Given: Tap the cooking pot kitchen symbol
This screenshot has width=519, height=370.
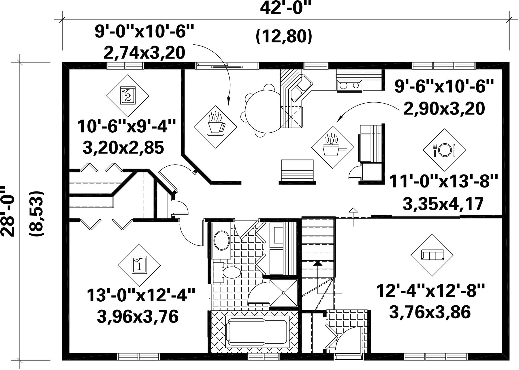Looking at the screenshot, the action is coord(332,147).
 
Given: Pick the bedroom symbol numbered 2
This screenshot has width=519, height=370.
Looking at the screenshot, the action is coord(128,96).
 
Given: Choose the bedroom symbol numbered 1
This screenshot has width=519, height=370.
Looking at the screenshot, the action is coord(139,265).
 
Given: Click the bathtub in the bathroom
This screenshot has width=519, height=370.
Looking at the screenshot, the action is coord(257,332).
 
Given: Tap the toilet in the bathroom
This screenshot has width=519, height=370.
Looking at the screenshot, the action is coord(229,272).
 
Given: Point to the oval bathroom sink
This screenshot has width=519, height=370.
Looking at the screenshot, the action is coord(222,240).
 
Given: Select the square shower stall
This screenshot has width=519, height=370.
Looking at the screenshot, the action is coord(283,292).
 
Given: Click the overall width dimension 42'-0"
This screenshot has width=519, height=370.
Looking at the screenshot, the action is coord(286,8).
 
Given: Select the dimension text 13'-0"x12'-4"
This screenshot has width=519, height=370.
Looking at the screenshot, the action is coord(141,295).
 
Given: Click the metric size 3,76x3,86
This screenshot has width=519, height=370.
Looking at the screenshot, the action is coord(430,312).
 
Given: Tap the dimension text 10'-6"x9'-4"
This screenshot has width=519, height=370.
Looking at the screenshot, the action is coord(127,127).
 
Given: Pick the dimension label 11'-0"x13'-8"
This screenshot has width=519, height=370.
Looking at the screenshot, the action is coord(444,181).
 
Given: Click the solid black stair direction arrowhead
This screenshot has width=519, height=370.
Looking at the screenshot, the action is coord(317,263).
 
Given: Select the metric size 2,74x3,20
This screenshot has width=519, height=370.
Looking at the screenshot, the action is coord(144,53).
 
